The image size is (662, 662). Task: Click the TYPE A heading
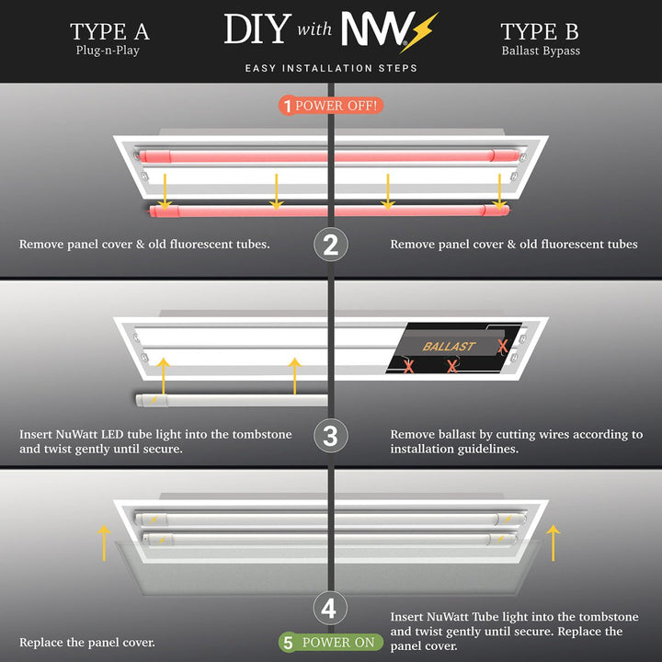coord(109,31)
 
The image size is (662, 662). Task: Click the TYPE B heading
coord(540,31)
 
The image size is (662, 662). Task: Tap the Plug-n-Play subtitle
coord(108,51)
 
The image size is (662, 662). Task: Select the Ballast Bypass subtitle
coord(541,51)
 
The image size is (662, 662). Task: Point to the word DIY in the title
coord(257,30)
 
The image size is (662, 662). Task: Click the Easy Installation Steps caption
coord(331,68)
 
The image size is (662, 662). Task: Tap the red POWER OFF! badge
coord(330,105)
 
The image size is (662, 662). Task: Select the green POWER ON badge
coord(328,642)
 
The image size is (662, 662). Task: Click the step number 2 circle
coord(331,245)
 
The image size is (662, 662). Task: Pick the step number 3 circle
coord(331,435)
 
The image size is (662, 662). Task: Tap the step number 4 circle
coord(331,609)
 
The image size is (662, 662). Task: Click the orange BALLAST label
coord(449,347)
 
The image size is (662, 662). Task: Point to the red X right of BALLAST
coord(502,346)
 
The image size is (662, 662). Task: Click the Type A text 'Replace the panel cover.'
coord(87,642)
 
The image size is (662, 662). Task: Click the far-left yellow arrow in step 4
coord(104,542)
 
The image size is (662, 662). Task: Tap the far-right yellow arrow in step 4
coord(553,542)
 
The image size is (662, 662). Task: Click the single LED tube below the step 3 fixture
coord(231,399)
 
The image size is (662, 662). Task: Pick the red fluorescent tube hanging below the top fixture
coord(331,211)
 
